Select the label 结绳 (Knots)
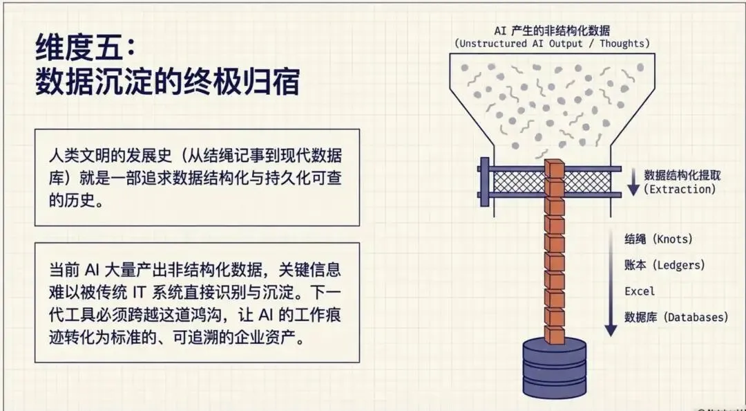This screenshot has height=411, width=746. tap(658, 239)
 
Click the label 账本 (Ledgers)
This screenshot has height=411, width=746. tap(664, 266)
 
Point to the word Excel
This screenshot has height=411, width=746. tap(640, 291)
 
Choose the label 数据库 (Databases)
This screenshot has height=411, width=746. tap(676, 318)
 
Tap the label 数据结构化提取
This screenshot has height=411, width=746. tap(682, 174)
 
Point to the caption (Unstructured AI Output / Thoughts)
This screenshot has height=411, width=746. tap(552, 44)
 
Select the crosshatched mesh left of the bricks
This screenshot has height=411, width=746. tap(518, 182)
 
